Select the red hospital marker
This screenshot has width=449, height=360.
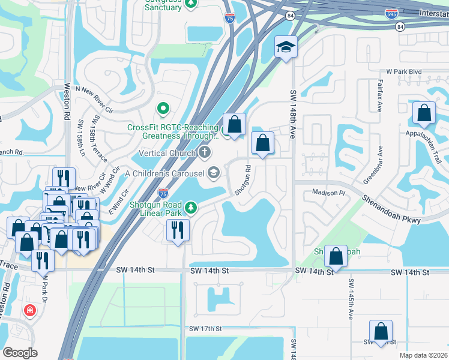tap(29, 310)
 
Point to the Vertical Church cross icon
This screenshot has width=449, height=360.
tap(205, 152)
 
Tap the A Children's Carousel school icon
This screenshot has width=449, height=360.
tap(212, 173)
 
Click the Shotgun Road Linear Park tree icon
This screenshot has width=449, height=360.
tap(191, 208)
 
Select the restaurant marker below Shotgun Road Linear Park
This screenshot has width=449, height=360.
tap(178, 230)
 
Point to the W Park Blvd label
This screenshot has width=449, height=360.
tap(404, 71)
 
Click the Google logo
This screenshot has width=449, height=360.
tap(20, 353)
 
